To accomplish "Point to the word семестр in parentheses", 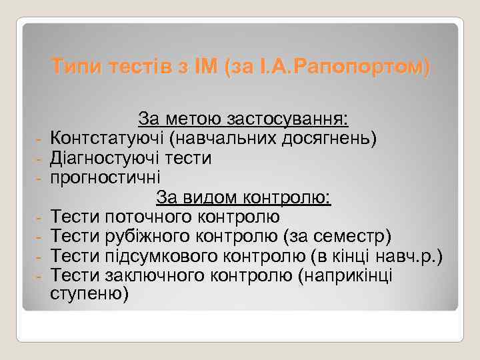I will [357, 236].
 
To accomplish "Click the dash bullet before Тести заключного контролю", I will [39, 276].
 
